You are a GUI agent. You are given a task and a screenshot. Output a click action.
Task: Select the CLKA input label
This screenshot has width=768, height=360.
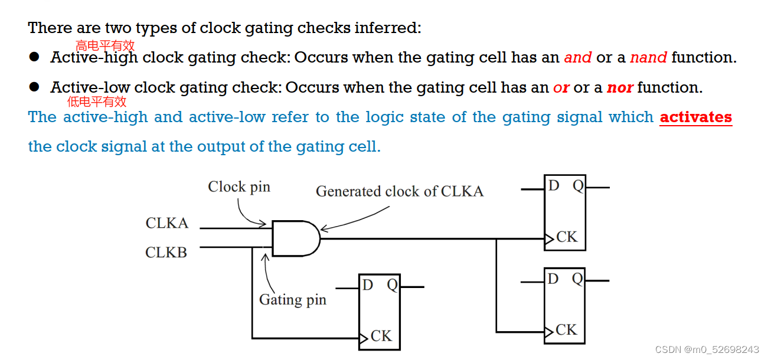(x=167, y=223)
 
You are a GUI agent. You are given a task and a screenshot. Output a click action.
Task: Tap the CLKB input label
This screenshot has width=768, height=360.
(x=166, y=253)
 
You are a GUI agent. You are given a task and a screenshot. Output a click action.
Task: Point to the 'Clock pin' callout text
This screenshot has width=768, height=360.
(x=239, y=187)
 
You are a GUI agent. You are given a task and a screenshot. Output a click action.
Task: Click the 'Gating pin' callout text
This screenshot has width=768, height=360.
(x=292, y=300)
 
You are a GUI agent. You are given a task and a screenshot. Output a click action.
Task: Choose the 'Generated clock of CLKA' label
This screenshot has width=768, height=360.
(x=400, y=191)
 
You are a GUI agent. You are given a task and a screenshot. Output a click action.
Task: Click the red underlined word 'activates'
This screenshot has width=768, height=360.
(x=695, y=117)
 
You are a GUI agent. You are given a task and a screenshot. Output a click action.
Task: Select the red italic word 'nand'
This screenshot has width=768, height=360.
(x=648, y=58)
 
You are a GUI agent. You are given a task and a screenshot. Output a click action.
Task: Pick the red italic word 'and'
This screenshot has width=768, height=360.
(x=577, y=58)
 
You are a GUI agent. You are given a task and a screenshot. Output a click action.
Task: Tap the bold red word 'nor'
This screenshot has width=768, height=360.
(x=620, y=88)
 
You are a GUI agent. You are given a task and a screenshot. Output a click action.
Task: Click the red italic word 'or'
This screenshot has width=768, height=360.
(x=561, y=88)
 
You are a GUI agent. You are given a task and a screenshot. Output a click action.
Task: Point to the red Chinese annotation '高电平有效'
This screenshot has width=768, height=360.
(x=105, y=45)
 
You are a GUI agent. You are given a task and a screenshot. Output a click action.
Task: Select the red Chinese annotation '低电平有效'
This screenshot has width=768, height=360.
(x=97, y=102)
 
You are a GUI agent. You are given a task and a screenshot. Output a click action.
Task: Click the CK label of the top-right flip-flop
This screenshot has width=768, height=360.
(x=567, y=237)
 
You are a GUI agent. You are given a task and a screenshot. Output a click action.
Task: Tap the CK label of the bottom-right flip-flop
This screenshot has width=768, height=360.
(x=566, y=330)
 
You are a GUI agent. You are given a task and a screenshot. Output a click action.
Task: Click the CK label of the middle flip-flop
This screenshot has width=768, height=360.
(x=381, y=336)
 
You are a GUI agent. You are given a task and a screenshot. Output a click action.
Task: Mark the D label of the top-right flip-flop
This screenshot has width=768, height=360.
(x=554, y=186)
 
